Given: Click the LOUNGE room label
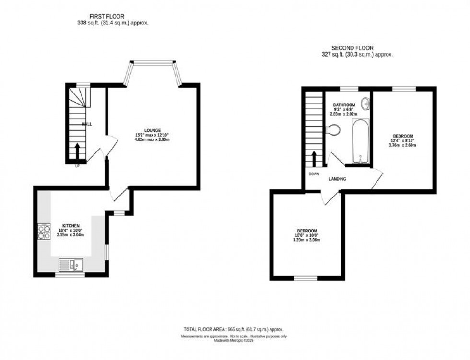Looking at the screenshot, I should (x=151, y=130).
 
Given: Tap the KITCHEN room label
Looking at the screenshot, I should (x=70, y=225).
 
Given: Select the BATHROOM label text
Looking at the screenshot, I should (x=344, y=105).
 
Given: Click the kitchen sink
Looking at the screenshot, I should (x=71, y=264).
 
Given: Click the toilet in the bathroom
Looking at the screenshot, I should (x=334, y=129).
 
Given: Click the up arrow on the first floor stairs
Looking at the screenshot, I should (x=77, y=151).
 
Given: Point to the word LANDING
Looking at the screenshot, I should (x=337, y=179).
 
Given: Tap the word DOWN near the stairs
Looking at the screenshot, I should (x=314, y=174).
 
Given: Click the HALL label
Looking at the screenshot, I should (x=87, y=124).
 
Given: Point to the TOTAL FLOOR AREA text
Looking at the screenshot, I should (x=235, y=329).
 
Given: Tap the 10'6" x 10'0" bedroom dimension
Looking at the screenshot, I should (x=306, y=235).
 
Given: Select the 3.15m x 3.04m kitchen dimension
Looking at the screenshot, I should (x=70, y=235).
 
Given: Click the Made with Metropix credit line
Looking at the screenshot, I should (x=235, y=341).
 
